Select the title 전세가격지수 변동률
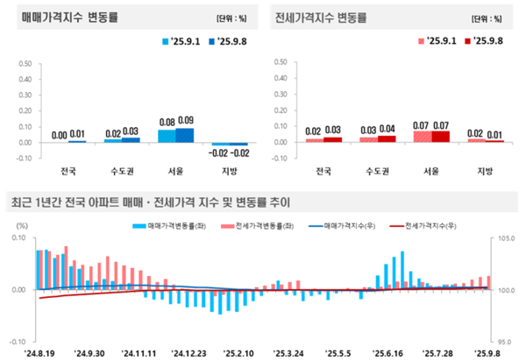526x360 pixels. (x=322, y=18)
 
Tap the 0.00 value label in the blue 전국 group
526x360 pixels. (x=59, y=135)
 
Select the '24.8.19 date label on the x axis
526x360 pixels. (x=40, y=352)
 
